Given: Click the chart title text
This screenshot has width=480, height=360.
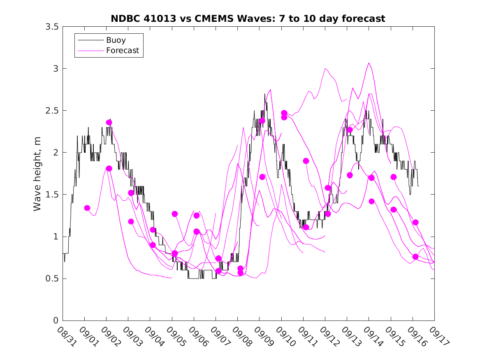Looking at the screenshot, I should point(248,19).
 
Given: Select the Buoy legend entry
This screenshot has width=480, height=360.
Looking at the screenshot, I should point(116,40).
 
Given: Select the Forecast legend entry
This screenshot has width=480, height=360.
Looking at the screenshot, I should point(122,51).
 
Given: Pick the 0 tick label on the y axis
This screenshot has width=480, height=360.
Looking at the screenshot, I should point(55,321).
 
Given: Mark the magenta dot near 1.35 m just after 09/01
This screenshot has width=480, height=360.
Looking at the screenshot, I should point(87,208).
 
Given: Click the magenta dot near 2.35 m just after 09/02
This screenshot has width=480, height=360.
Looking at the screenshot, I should point(109,122).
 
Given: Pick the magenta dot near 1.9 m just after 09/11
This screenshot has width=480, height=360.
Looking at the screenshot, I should point(306,161).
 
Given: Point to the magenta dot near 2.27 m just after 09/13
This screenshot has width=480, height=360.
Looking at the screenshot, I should point(350,130).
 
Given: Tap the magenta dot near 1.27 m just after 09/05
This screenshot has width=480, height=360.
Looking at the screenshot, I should point(175,214).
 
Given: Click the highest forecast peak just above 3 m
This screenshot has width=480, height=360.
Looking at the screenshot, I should point(369,63).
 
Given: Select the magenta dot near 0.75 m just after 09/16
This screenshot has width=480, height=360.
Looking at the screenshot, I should point(415,257).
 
